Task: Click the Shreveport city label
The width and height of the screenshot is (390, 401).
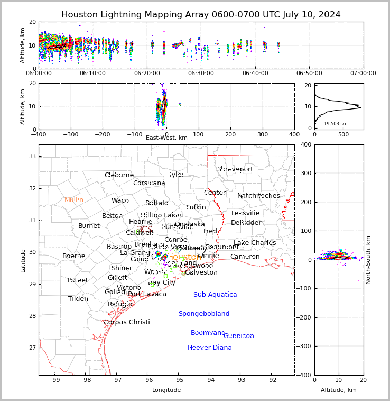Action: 235,169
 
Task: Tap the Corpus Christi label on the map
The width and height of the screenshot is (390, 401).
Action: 126,322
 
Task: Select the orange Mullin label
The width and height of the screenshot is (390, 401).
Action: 74,200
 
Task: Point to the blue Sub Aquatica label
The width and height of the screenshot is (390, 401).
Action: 215,295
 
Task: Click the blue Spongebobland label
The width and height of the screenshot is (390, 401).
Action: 204,314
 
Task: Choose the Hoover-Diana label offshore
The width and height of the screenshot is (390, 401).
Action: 210,348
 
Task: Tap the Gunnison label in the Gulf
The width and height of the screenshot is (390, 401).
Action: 239,336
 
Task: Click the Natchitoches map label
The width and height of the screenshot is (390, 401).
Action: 258,196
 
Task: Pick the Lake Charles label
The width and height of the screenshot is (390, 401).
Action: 255,243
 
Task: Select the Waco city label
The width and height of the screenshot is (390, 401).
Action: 120,200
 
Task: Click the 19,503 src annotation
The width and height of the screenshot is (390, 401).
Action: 336,124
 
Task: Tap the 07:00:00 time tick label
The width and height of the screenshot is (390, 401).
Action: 363,73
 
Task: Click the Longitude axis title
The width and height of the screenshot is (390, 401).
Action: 166,390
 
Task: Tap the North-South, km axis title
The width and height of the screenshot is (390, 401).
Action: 368,260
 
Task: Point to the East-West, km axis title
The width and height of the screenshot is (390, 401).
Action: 166,138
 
